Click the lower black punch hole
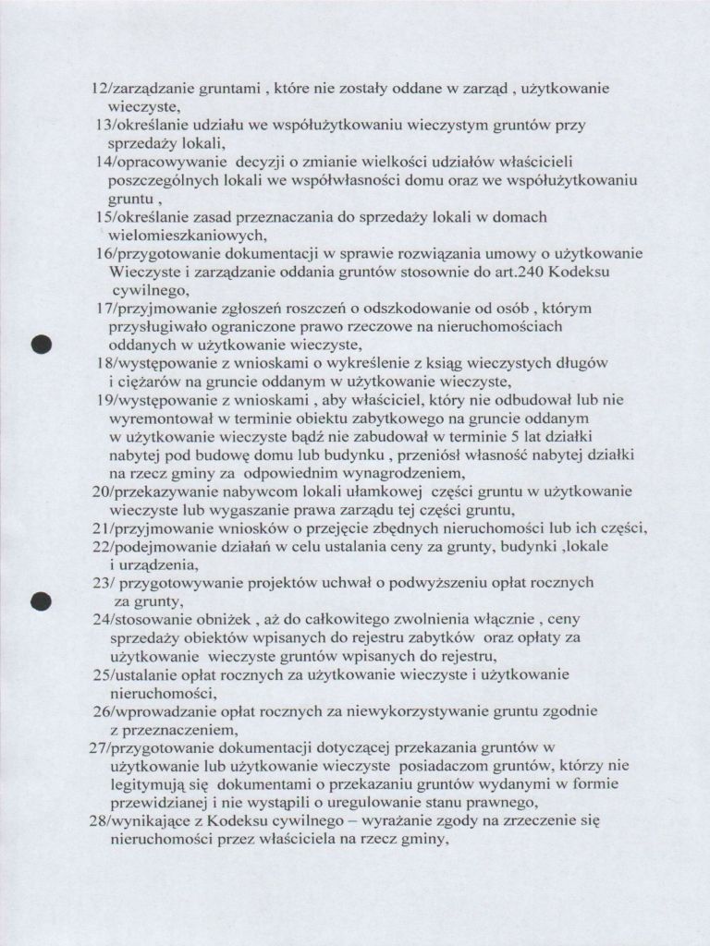[x=40, y=600]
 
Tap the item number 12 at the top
[x=98, y=90]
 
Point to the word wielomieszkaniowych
[x=176, y=234]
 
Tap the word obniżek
[x=223, y=619]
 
